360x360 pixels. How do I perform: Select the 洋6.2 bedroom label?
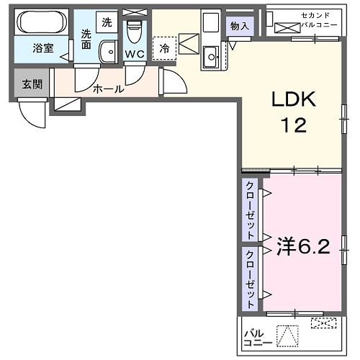(x=302, y=248)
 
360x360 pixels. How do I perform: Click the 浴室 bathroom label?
(x=42, y=49)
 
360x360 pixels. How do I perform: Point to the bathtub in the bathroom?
(x=42, y=24)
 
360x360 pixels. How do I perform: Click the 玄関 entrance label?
(x=31, y=84)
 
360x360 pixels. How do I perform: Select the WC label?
(x=135, y=53)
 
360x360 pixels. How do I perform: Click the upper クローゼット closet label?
(x=250, y=212)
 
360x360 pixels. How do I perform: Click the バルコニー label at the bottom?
(x=257, y=338)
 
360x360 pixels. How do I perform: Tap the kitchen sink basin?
(x=212, y=55)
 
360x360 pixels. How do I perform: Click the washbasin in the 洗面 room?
(x=109, y=51)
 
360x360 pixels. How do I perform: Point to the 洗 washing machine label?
(x=107, y=22)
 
